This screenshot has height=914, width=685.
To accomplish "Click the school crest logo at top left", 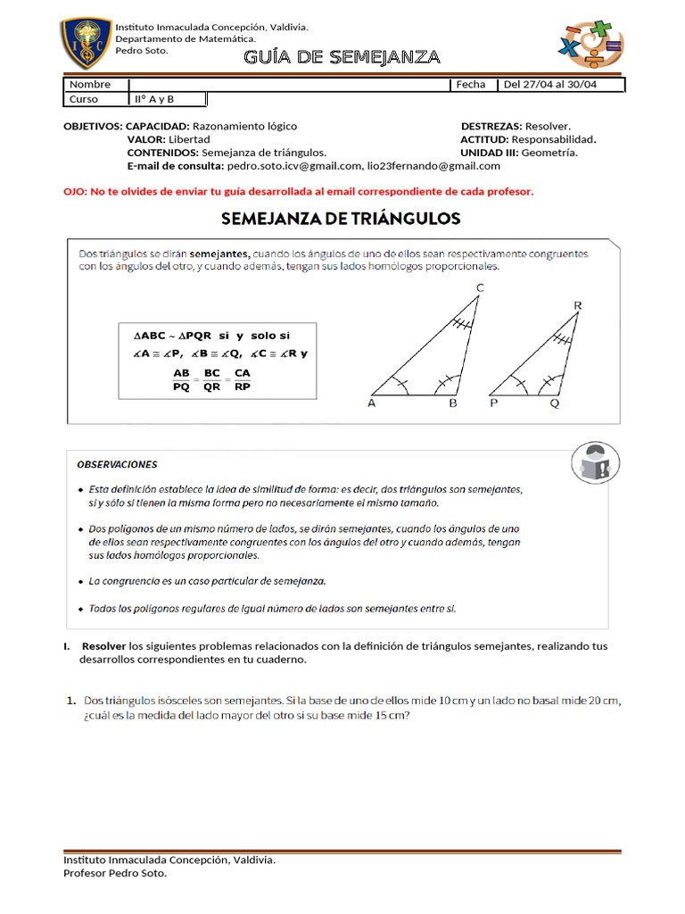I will point(87,44).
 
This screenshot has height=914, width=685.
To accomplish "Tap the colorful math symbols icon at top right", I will point(590,45).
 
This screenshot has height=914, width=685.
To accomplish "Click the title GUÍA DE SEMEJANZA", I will point(342,58).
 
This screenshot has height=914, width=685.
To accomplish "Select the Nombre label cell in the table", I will point(89,85).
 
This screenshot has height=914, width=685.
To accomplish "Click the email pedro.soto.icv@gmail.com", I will point(294,166).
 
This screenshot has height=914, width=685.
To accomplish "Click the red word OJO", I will point(74,192).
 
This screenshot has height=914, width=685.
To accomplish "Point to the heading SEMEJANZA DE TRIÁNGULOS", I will point(340,218).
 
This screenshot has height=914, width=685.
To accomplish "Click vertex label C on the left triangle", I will point(480,287).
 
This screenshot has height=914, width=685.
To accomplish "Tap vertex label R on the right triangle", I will point(577,306).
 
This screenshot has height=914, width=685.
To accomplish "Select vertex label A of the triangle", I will point(372,403).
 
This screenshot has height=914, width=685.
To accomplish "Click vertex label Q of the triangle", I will point(555,403).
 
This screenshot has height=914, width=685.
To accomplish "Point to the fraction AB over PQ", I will point(182,379).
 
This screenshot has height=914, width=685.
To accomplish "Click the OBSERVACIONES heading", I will point(117,464).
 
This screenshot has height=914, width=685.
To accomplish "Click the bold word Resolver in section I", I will point(104,646).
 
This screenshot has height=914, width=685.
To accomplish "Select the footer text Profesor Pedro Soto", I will point(115,873).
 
